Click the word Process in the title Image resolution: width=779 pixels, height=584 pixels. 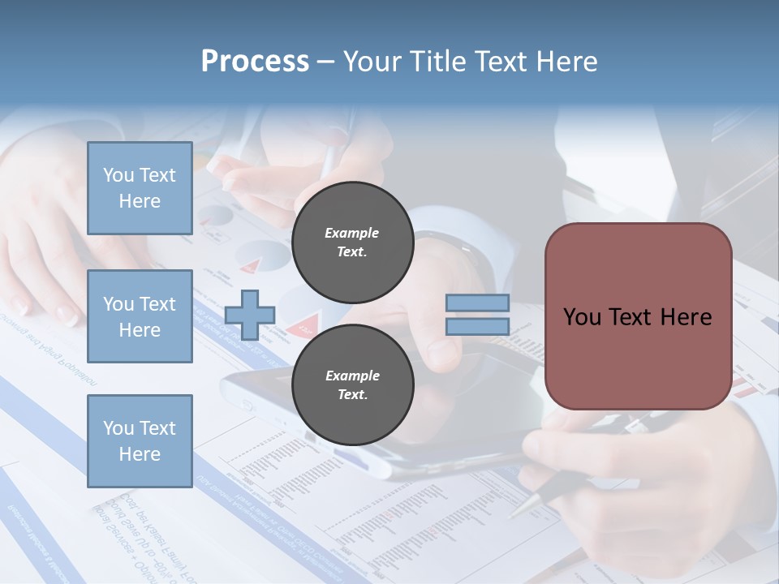(x=255, y=62)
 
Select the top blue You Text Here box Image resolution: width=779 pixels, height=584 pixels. (x=140, y=188)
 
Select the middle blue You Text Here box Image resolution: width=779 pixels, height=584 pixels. (x=140, y=316)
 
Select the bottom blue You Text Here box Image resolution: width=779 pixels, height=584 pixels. (x=140, y=440)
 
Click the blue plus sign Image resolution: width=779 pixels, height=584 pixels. (x=249, y=316)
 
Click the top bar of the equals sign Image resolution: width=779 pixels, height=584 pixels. (x=477, y=303)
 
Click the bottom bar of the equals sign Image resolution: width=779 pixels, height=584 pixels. (x=477, y=326)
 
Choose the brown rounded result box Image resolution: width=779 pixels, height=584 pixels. (x=638, y=316)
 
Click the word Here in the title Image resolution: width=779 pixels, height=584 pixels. (x=566, y=62)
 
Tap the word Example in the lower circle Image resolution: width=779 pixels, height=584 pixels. (x=352, y=376)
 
